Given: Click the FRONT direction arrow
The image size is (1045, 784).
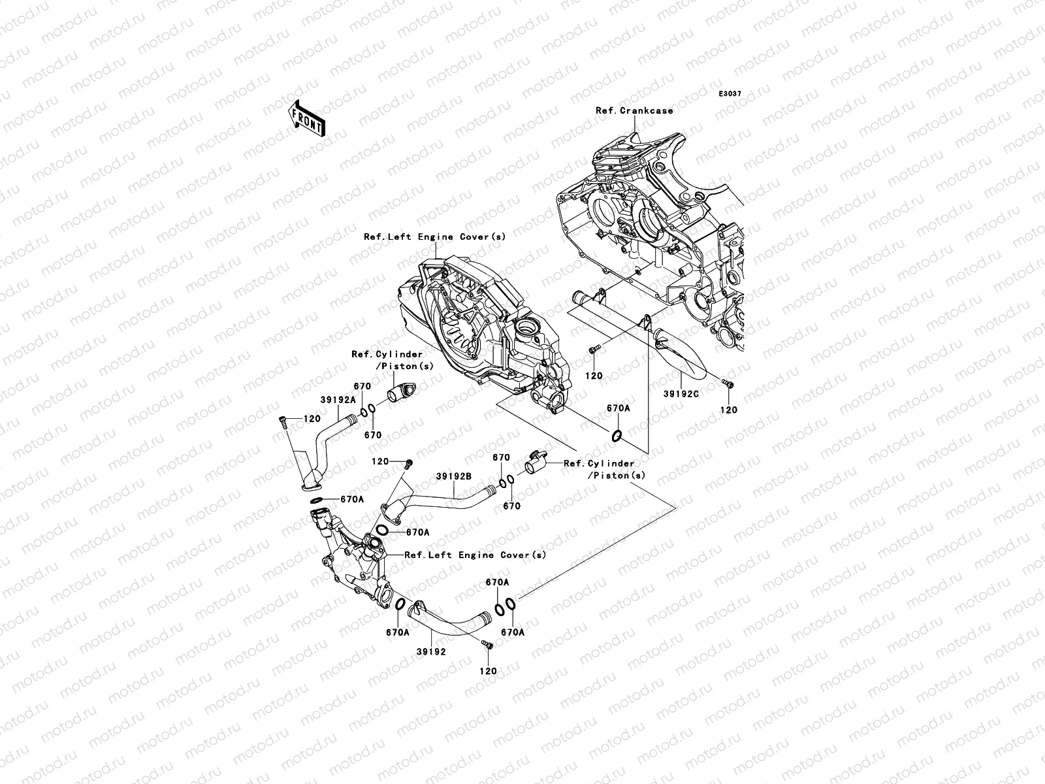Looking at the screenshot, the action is (306, 118).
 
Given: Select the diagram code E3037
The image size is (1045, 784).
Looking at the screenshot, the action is (730, 94).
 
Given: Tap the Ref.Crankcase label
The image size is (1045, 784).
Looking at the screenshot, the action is (635, 110).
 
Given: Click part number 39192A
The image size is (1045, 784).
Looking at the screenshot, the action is (338, 400).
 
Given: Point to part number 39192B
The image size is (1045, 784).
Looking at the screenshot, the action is (454, 476).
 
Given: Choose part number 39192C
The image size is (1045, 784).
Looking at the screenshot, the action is (681, 394).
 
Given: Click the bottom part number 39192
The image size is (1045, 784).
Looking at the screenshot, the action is (431, 651).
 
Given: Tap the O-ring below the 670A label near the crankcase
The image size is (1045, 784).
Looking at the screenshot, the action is (617, 435).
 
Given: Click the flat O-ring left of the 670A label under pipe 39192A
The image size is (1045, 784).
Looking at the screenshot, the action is (317, 500).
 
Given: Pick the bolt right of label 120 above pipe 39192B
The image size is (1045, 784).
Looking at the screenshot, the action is (409, 464).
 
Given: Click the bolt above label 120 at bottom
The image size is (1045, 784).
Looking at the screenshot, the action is (487, 645).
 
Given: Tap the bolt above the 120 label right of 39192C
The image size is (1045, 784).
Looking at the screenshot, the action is (728, 384).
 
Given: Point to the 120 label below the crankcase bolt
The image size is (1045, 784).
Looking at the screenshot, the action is (594, 376).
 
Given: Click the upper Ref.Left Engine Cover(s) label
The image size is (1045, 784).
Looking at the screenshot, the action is (435, 237).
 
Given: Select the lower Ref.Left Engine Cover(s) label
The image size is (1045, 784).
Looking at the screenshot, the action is (475, 555).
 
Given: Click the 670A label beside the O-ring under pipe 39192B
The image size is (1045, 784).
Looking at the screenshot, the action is (417, 532).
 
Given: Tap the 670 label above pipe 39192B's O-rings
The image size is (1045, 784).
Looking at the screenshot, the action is (502, 457).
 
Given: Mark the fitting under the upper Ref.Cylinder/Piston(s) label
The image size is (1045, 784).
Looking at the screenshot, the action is (401, 392).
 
